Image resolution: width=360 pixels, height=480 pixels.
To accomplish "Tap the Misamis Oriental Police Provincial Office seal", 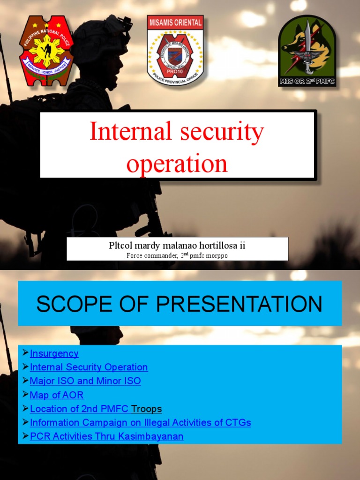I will (x=175, y=50).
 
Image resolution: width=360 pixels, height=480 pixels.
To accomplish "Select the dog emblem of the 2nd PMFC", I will (x=307, y=51).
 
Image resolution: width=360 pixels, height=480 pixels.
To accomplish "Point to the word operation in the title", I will (x=177, y=164).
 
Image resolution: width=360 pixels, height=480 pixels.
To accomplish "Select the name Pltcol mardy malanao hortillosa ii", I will (x=177, y=245).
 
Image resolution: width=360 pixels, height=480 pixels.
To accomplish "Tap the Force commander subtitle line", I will (x=177, y=255).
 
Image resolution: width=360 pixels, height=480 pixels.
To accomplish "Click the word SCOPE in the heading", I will (x=72, y=304).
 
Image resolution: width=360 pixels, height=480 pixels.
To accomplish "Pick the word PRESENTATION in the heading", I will (x=239, y=304).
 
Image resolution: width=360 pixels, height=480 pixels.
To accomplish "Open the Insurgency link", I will (x=54, y=353).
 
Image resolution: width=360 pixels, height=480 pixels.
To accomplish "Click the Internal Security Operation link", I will (x=89, y=367).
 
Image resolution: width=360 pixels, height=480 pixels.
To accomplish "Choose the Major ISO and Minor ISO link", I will (x=85, y=381).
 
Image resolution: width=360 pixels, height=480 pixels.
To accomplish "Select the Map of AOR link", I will (x=57, y=395).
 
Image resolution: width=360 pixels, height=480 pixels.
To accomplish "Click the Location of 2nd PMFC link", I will (x=79, y=409).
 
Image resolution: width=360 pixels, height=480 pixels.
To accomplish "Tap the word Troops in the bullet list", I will (x=146, y=409).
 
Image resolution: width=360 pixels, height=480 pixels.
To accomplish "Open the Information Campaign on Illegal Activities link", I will (x=140, y=422).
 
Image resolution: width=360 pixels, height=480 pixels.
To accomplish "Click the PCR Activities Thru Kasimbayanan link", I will (x=106, y=436).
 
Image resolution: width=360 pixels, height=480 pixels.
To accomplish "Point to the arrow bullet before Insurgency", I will (x=25, y=353).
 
